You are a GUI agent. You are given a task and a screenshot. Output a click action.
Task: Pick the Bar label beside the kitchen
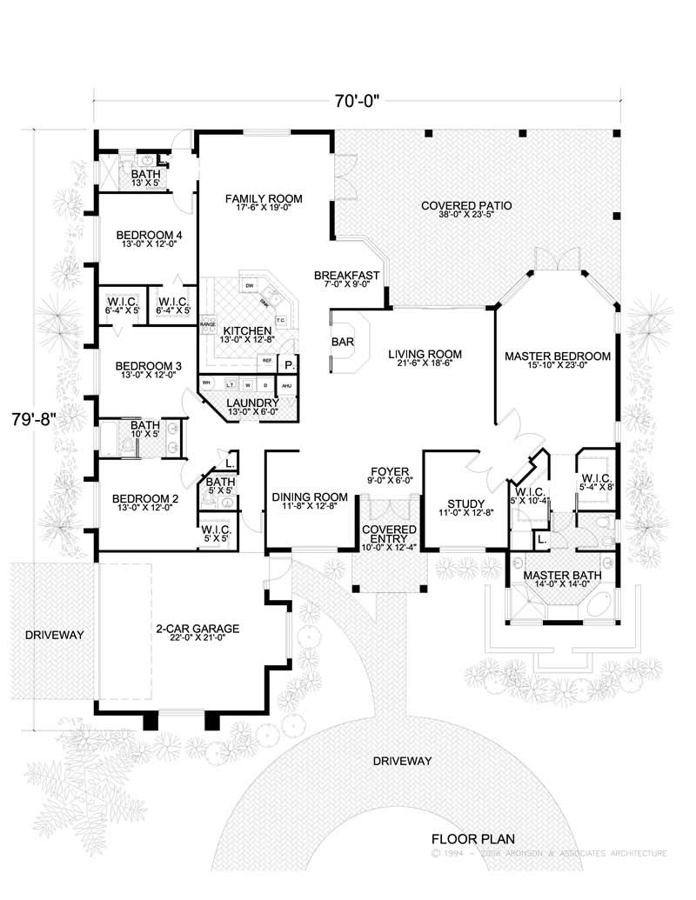pos(342,343)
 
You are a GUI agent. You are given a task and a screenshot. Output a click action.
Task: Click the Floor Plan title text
pos(473,839)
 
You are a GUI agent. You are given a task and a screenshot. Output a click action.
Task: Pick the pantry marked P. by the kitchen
pos(288,366)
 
